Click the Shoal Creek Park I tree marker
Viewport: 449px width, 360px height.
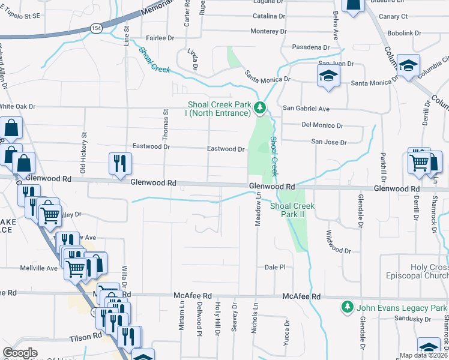pyautogui.click(x=259, y=108)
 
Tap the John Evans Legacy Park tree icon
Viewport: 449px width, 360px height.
pyautogui.click(x=346, y=307)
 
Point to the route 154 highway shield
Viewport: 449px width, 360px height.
pyautogui.click(x=95, y=28)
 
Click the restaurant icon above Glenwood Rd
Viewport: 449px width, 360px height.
pyautogui.click(x=119, y=163)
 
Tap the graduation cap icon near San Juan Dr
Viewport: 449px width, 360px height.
pyautogui.click(x=328, y=76)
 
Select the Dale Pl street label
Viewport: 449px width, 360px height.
pyautogui.click(x=274, y=267)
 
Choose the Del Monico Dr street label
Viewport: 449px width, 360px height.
pyautogui.click(x=322, y=125)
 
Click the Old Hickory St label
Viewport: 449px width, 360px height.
pyautogui.click(x=84, y=148)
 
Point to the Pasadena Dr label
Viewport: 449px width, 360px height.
pyautogui.click(x=311, y=47)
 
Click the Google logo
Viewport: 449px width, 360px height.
pyautogui.click(x=20, y=353)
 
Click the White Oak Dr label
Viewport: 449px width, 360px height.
pyautogui.click(x=18, y=106)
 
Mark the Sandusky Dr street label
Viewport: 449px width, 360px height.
pyautogui.click(x=410, y=319)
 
